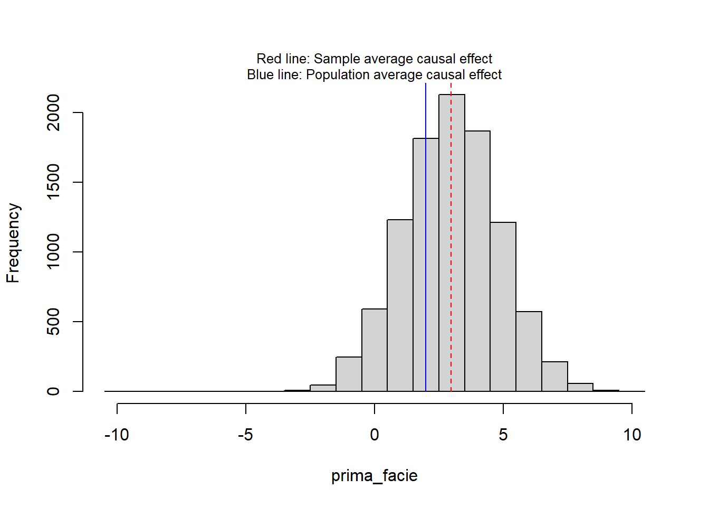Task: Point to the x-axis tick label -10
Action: [117, 435]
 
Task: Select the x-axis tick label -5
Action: [245, 435]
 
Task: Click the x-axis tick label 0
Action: [375, 435]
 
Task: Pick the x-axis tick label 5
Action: [503, 435]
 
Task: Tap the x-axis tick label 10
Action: [632, 435]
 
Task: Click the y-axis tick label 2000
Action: [53, 112]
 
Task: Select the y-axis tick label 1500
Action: [53, 182]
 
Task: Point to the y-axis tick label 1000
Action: [53, 252]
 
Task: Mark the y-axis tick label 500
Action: [53, 322]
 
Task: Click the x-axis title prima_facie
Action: [375, 476]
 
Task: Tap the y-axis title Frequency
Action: [13, 243]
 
